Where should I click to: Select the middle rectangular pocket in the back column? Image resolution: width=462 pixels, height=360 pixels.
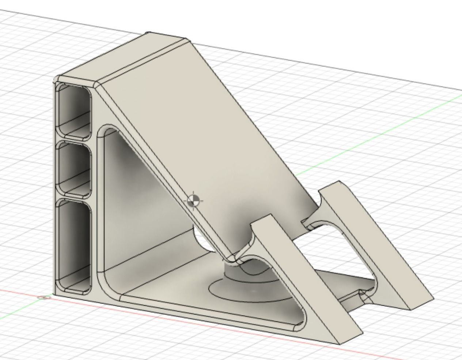pos(74,168)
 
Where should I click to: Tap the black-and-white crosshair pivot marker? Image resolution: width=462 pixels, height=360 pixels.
pos(194,200)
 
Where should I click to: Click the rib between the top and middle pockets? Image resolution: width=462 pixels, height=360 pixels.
pos(74,140)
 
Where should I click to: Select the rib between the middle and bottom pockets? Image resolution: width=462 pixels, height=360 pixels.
pos(74,197)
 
